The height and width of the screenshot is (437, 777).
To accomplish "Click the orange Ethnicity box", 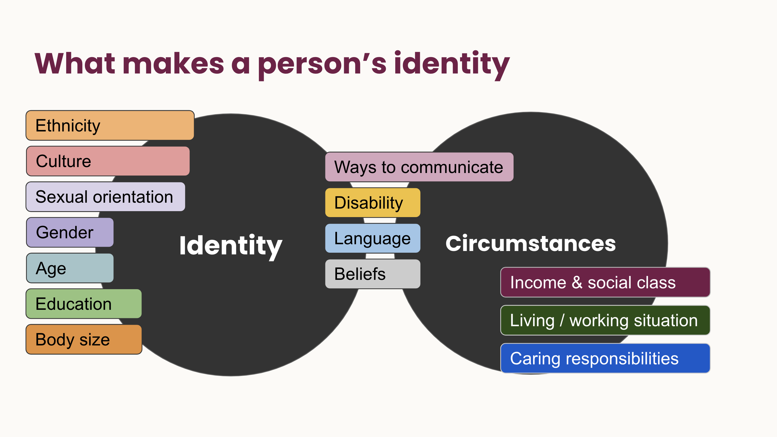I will point(110,126).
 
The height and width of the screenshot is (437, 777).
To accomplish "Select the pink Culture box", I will point(108,161).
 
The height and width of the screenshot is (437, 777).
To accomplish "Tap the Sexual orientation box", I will point(106,196).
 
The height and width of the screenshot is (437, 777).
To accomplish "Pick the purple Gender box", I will point(70,232).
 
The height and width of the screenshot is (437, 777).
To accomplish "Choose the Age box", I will point(70,268).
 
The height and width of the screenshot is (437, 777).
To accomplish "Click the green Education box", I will point(84,304).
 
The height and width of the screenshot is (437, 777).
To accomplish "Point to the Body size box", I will point(84,339).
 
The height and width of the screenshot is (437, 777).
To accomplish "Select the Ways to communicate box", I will point(419,167).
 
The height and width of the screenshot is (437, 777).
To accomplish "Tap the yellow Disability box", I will point(373,202).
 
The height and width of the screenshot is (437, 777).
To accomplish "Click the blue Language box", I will point(373,238).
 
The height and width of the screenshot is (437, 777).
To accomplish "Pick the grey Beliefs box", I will point(373,274).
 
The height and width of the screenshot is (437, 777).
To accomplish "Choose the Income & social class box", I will point(605,282).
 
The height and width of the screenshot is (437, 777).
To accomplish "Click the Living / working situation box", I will point(605,320).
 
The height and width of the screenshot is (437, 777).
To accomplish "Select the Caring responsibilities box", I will point(605,358).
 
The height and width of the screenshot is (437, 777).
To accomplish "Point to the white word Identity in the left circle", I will point(231,246).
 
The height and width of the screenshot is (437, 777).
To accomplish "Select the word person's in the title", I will point(322,64).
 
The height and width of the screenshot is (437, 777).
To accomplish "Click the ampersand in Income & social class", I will point(577,283).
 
